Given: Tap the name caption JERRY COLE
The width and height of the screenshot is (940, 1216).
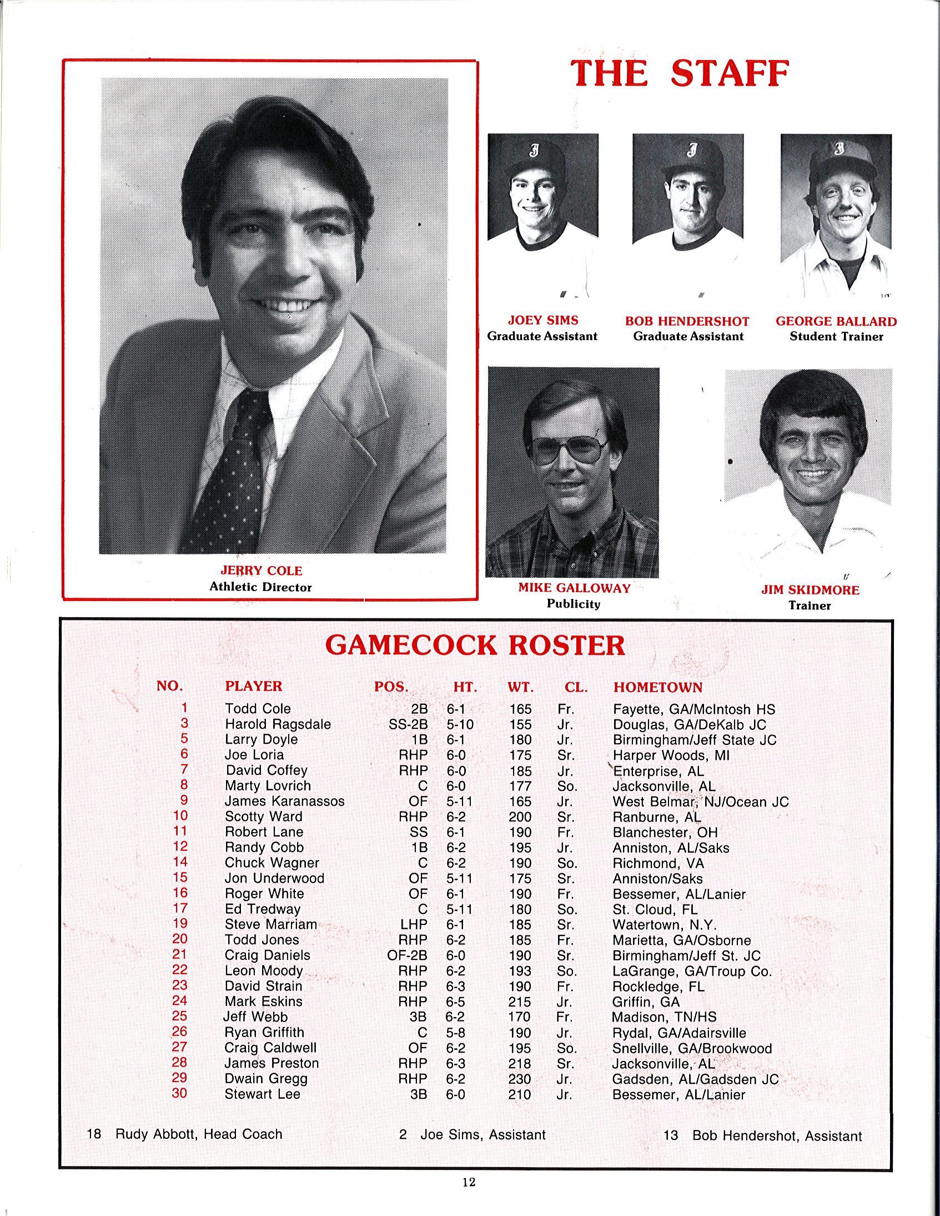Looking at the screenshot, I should coord(261,571).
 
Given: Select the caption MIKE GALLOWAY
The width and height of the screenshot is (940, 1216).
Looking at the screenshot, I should coord(574,588).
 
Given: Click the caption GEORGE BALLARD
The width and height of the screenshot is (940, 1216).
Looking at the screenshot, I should coord(836,321).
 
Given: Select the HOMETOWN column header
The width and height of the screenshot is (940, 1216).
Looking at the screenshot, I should coord(658,687).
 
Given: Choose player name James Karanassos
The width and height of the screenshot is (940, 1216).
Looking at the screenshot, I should coord(284,801).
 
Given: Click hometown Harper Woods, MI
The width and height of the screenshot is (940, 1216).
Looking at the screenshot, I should coord(671,755).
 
